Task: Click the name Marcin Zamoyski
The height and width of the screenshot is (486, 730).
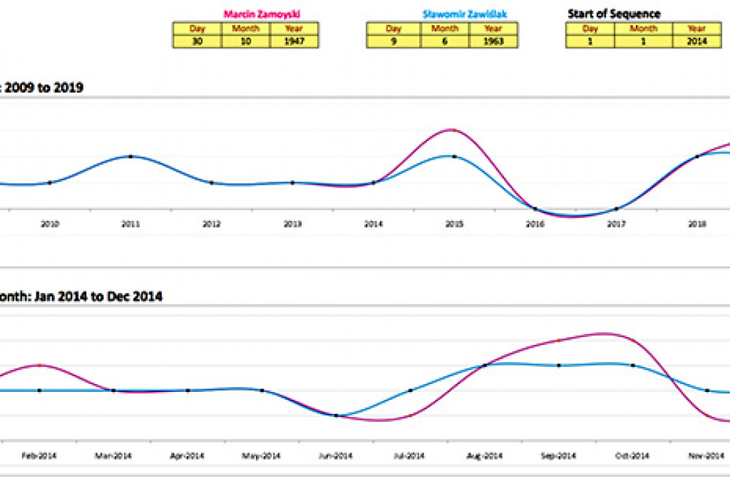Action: tap(262, 14)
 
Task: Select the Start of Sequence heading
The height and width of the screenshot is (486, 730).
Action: tap(614, 14)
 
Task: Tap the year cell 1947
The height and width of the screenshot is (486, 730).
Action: tap(294, 41)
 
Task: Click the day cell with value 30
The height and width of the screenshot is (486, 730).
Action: tap(197, 41)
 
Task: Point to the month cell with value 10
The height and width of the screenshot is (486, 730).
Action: tap(245, 41)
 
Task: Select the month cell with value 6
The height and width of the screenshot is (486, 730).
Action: tap(444, 41)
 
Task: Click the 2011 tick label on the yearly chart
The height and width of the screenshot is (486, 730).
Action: tap(130, 224)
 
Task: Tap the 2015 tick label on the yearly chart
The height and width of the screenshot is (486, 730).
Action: tap(455, 224)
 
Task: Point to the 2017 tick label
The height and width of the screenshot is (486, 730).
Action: tap(617, 224)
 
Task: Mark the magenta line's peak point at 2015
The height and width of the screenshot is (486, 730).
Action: tap(455, 130)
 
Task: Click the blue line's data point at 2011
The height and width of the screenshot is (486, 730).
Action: tap(130, 156)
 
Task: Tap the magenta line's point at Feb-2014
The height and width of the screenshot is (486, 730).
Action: tap(39, 365)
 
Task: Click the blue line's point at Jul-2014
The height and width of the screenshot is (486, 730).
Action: tap(411, 391)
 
